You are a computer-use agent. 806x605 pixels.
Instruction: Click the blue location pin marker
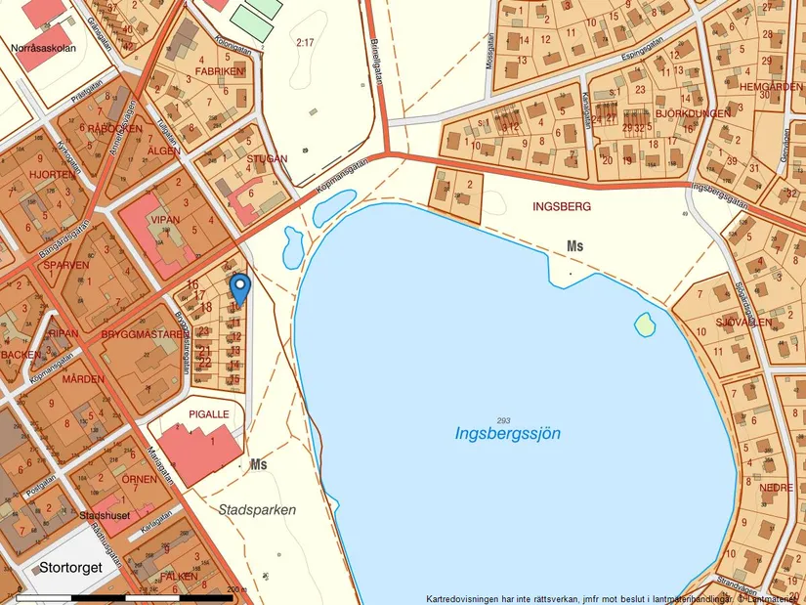(239, 288)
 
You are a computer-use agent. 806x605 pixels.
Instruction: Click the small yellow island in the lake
(644, 324)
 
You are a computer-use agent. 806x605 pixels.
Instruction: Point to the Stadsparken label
(257, 510)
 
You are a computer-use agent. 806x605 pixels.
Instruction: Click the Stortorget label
(70, 566)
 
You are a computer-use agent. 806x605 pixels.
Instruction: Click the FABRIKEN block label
(219, 71)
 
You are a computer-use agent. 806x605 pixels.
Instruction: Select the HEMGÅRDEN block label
(770, 86)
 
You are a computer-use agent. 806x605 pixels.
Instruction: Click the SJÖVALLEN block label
(743, 322)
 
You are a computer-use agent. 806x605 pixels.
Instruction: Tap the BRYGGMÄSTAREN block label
(143, 334)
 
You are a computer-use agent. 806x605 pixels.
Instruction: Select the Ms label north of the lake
(574, 246)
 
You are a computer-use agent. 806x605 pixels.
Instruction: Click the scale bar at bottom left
(127, 596)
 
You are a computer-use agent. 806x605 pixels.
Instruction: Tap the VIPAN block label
(165, 220)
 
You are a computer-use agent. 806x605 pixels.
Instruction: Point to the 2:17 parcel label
(305, 42)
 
